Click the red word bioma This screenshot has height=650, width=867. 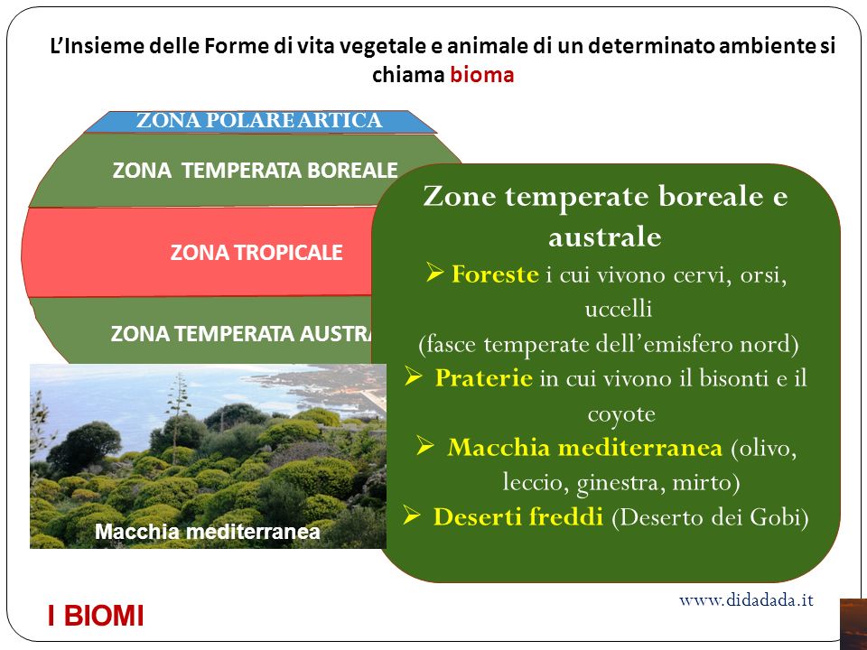tap(481, 75)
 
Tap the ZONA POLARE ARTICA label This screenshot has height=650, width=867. tap(259, 120)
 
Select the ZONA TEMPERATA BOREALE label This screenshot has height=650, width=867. tap(255, 171)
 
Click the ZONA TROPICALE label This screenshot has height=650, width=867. tap(256, 253)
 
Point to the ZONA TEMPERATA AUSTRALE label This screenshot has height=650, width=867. tap(242, 334)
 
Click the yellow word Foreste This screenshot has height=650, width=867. tap(495, 274)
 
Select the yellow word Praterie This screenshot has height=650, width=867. tap(484, 378)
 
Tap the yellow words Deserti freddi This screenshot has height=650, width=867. tap(518, 516)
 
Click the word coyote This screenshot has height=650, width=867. tap(621, 414)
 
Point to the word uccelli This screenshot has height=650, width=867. tap(618, 309)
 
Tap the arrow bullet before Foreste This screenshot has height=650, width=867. tap(434, 273)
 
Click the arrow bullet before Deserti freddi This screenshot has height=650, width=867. tap(412, 515)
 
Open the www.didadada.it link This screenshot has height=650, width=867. tap(747, 599)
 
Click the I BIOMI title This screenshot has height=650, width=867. tap(96, 616)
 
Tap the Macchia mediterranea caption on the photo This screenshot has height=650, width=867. tap(208, 532)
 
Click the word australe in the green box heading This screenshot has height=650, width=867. tap(605, 237)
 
